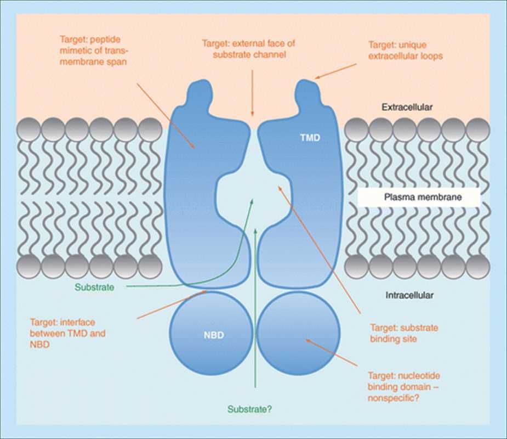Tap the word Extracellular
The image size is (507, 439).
[x=407, y=108]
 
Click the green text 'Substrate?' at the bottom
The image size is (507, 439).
[x=250, y=409]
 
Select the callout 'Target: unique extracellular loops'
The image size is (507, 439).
[x=405, y=50]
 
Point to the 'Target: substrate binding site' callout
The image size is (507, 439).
[x=404, y=333]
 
